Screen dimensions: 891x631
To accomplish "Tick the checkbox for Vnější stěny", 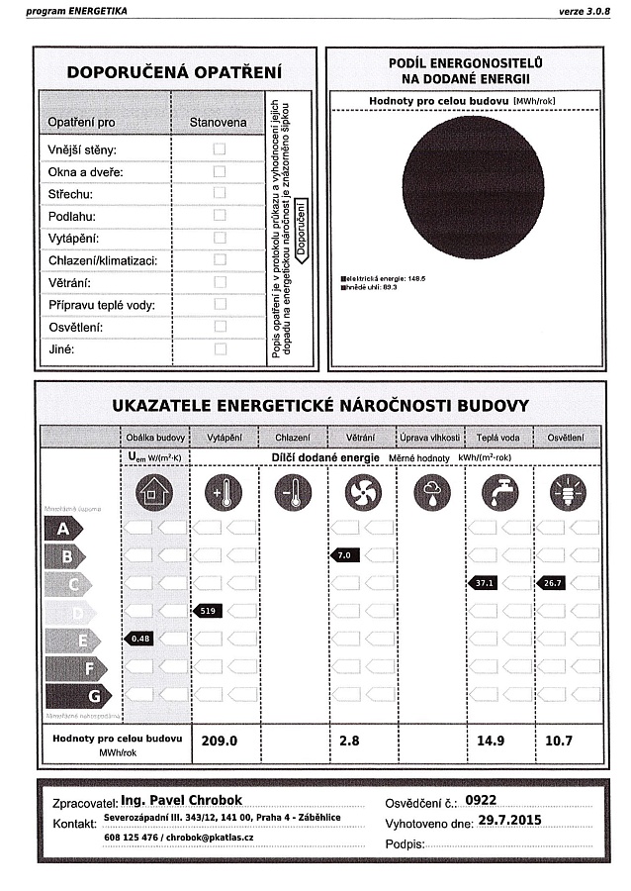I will (x=220, y=148).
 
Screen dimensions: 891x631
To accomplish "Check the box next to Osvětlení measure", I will (x=220, y=326).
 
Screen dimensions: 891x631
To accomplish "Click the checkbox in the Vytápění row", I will (x=220, y=238).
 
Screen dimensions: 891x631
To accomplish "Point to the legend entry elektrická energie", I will (x=383, y=279).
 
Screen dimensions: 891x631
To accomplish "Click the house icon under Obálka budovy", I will (x=154, y=491).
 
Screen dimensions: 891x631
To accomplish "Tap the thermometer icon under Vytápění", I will (x=223, y=491).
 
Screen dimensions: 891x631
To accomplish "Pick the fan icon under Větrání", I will (x=362, y=491).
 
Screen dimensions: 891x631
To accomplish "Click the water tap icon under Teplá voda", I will (x=499, y=491).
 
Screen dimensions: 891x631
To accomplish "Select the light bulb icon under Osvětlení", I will (x=568, y=491).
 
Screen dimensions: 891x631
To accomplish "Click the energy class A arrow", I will (x=63, y=529).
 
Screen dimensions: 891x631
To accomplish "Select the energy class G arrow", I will (x=63, y=695).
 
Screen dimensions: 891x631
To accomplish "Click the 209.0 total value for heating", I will (x=220, y=741).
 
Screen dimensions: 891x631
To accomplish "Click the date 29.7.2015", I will (x=508, y=821).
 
